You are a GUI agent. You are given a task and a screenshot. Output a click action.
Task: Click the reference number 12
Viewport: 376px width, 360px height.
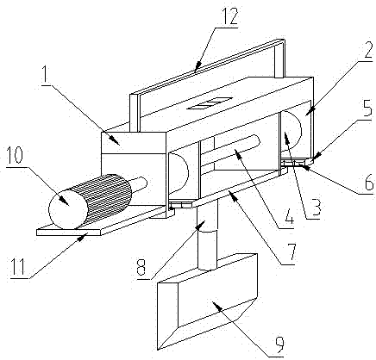click(229, 16)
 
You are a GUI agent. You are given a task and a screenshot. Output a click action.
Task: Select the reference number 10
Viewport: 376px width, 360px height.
click(16, 155)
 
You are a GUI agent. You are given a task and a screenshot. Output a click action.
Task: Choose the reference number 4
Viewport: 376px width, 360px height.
click(287, 218)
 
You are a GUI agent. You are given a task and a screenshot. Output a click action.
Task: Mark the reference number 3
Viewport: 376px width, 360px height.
click(316, 208)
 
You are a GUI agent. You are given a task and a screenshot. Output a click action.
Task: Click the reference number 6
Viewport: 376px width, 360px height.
click(367, 183)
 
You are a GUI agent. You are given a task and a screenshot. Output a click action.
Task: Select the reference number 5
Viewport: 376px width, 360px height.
click(367, 108)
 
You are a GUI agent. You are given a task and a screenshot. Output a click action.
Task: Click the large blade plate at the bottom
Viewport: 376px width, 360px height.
click(207, 301)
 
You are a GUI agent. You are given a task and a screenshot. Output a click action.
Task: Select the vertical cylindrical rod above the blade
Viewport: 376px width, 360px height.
click(207, 234)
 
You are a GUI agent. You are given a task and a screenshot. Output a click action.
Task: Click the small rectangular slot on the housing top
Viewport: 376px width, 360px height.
click(210, 103)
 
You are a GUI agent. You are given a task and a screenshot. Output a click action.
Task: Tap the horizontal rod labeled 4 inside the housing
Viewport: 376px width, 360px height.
click(230, 152)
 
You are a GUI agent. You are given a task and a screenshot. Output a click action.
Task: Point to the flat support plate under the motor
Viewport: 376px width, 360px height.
click(101, 221)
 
